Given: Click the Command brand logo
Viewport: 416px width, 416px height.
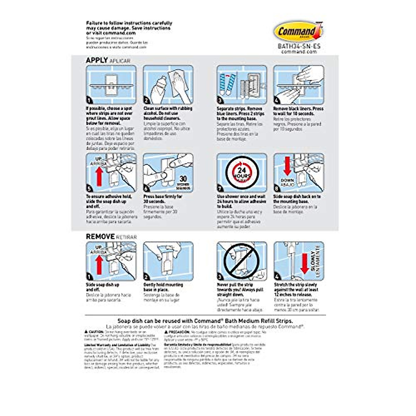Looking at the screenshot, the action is (x=298, y=32).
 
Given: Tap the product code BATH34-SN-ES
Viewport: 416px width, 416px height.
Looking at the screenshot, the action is (x=299, y=46).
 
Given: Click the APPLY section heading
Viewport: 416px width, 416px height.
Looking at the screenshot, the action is (x=97, y=60).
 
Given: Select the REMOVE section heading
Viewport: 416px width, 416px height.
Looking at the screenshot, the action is (x=100, y=236).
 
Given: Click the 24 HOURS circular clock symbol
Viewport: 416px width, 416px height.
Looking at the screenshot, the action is (x=242, y=173).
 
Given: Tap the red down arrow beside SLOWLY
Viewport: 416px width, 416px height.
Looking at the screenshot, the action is (x=305, y=264).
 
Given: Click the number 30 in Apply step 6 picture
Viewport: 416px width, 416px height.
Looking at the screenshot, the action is (x=183, y=180).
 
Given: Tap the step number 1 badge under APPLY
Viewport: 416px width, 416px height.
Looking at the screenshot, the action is (x=89, y=101).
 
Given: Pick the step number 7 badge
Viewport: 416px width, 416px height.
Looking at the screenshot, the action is (x=220, y=189).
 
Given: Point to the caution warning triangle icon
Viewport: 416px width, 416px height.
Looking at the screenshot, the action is (x=86, y=332).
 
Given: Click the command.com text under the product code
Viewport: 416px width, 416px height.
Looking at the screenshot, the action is (x=299, y=51).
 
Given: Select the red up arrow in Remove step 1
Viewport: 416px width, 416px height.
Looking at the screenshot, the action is (x=99, y=264).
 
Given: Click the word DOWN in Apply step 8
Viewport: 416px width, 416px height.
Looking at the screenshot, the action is (x=287, y=180).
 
